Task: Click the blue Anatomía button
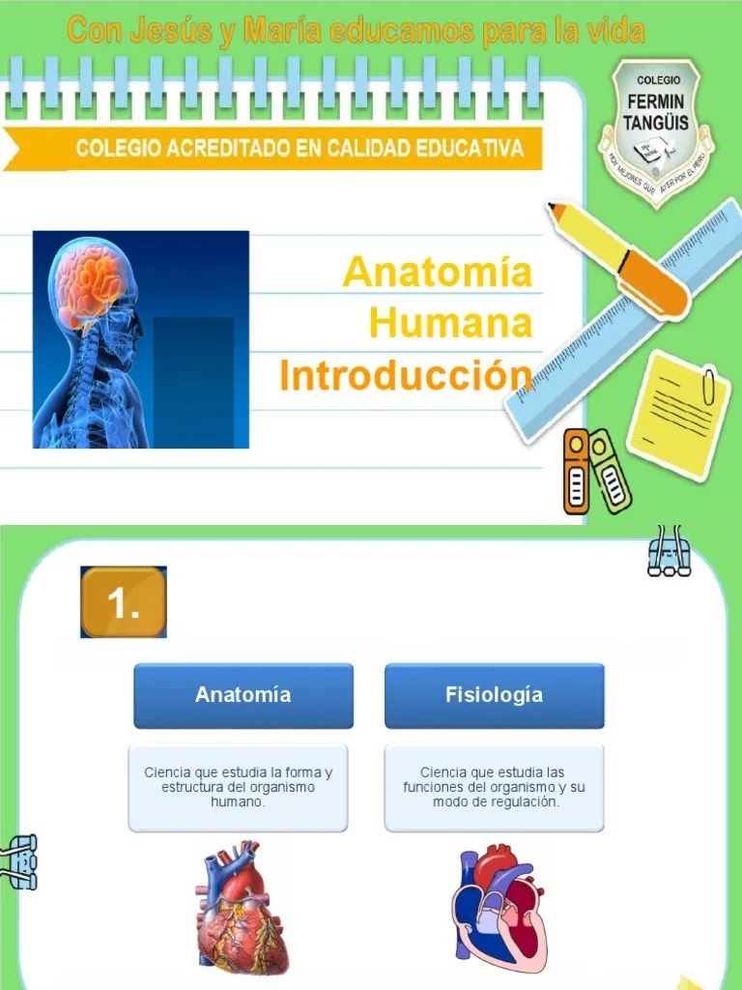243,695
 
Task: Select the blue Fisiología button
494,695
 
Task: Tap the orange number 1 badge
123,603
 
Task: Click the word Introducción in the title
406,374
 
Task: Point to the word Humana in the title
451,323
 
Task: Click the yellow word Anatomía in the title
438,272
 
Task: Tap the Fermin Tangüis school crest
657,130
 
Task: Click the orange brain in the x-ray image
94,281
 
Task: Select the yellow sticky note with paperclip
677,415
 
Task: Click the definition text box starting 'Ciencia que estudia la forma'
238,788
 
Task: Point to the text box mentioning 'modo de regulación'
494,788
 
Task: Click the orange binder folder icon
577,471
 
